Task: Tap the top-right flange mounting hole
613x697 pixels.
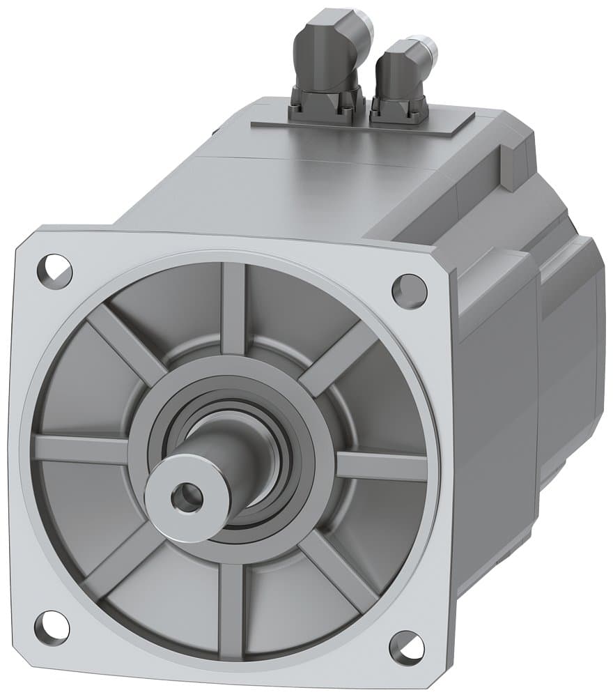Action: tap(410, 290)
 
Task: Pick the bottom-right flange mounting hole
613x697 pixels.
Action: tap(407, 648)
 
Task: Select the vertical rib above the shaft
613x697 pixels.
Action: tap(233, 307)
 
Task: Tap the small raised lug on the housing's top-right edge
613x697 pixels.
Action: tap(510, 167)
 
